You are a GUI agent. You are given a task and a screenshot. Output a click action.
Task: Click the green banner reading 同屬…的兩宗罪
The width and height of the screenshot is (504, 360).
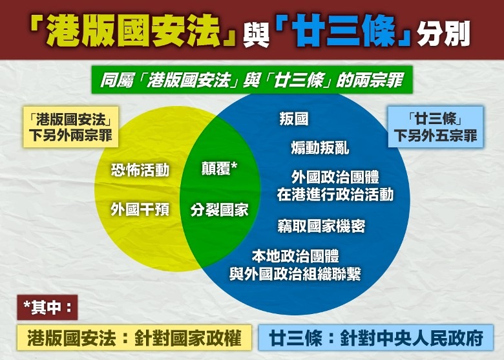(x=252, y=80)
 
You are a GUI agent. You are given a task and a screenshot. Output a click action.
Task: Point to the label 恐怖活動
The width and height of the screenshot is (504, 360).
(x=140, y=170)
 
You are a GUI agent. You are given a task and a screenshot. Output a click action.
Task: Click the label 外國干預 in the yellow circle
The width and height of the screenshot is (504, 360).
(x=140, y=209)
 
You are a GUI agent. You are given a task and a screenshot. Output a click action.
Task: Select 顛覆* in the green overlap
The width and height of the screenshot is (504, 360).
(x=219, y=169)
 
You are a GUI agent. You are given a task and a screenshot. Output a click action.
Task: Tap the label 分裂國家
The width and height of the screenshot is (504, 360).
(x=219, y=210)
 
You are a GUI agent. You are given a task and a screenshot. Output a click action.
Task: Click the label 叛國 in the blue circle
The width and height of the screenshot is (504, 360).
(x=294, y=119)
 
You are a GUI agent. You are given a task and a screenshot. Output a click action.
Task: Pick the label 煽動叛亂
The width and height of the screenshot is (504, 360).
(x=320, y=148)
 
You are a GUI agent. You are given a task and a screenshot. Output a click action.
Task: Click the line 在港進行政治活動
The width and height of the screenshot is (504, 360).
(x=335, y=195)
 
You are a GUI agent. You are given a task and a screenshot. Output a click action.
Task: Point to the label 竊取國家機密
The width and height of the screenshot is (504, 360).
(x=321, y=226)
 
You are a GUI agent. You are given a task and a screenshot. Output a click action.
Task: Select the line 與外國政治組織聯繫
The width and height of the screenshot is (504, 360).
(x=295, y=274)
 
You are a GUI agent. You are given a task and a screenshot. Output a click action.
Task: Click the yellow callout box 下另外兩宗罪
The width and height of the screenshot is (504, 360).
(x=71, y=127)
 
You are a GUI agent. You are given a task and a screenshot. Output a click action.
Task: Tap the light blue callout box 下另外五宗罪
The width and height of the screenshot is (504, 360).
(x=436, y=127)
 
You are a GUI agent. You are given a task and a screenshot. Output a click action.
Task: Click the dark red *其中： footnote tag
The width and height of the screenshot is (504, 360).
(x=48, y=307)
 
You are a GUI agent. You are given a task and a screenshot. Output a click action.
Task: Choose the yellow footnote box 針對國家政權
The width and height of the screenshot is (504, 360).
(x=134, y=337)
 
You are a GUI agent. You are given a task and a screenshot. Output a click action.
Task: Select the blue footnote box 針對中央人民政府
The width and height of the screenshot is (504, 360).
(x=376, y=337)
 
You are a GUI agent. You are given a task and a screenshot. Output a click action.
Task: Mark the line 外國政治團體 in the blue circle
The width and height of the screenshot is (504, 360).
(x=335, y=177)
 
